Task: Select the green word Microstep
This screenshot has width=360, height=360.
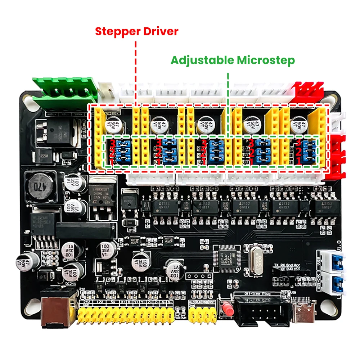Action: click(266, 60)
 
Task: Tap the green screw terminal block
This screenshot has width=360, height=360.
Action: click(65, 92)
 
